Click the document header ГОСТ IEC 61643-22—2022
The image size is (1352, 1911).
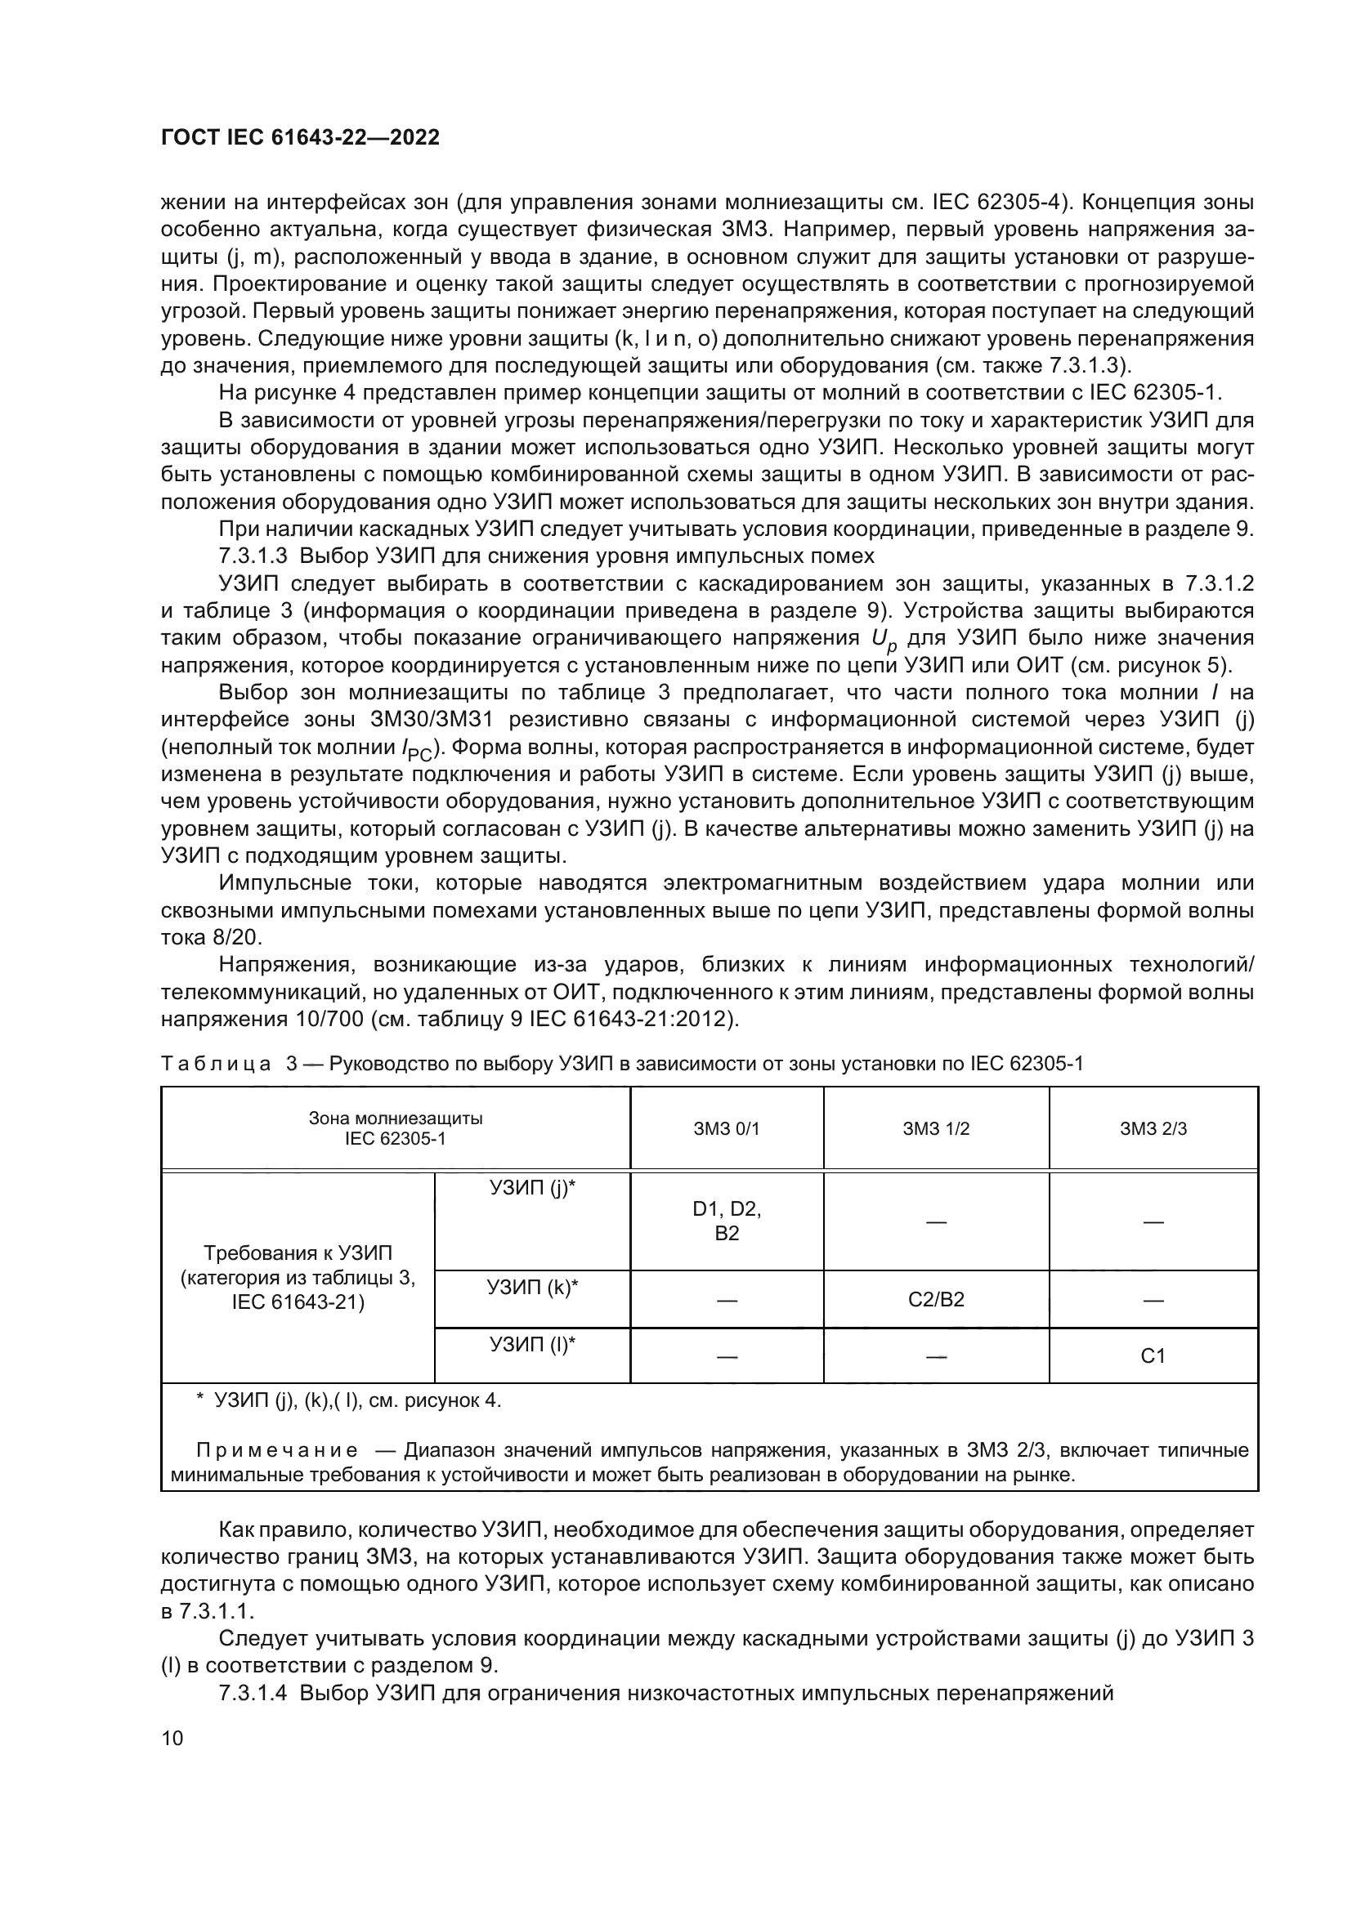(x=300, y=137)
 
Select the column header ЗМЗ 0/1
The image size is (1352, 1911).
(x=726, y=1128)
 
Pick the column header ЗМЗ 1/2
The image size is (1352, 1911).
(x=936, y=1128)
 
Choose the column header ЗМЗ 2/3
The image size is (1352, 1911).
(x=1153, y=1128)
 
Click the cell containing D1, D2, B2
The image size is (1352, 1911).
(x=726, y=1221)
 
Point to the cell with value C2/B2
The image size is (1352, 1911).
(x=936, y=1299)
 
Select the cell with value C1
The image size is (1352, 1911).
(x=1153, y=1357)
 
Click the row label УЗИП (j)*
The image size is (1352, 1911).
(x=532, y=1189)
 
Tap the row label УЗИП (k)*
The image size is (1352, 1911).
(x=532, y=1288)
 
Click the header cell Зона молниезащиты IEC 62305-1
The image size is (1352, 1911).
(x=396, y=1128)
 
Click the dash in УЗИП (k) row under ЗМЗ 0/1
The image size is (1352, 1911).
(x=726, y=1300)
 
